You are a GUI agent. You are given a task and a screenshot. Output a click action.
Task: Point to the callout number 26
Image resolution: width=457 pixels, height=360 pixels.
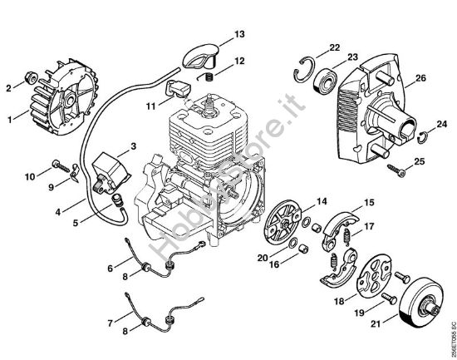(x=420, y=78)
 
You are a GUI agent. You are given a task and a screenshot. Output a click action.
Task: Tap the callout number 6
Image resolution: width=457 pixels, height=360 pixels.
(x=109, y=267)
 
